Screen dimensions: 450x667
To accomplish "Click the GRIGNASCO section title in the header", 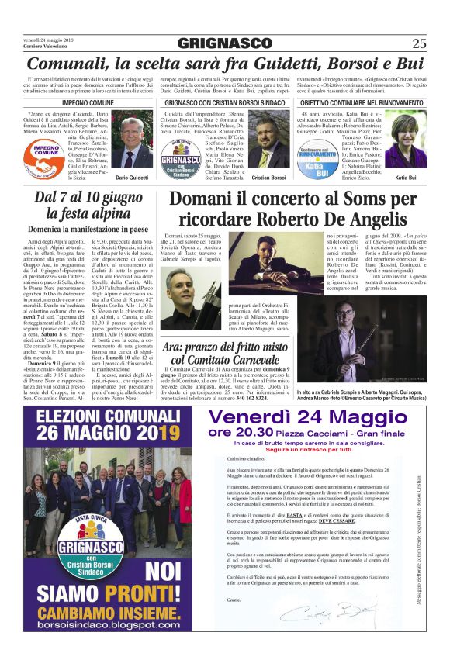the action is click(x=225, y=43).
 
